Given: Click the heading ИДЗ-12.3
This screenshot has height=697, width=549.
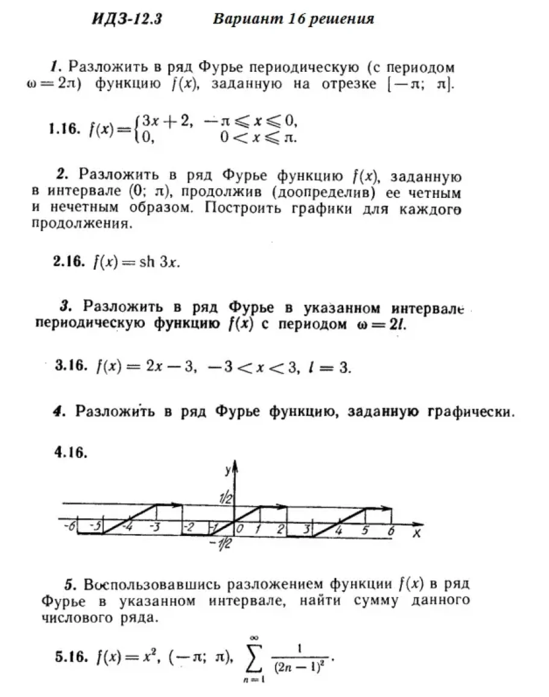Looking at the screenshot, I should click(x=127, y=19).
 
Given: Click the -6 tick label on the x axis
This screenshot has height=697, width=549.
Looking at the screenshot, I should click(x=69, y=526).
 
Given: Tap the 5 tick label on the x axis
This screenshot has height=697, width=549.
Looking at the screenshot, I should click(x=365, y=530).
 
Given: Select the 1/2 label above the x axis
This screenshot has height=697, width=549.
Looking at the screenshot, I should click(x=226, y=498).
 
